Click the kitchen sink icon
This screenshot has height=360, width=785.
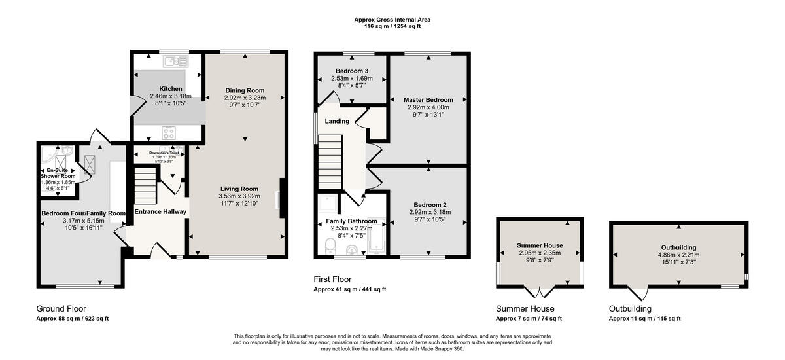coord(177,62)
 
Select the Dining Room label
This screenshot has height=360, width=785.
coord(245,90)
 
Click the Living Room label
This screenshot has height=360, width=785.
coord(239,189)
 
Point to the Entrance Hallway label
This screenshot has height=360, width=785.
coord(160,211)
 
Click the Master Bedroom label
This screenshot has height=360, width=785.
coord(428,99)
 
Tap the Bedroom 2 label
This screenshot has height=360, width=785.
coord(429,204)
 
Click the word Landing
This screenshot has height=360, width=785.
coord(337,121)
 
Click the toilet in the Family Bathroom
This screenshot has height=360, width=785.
coord(330,246)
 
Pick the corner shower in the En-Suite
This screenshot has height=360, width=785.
coord(46,155)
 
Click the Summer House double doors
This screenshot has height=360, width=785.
coord(539,292)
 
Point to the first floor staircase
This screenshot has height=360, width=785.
coord(331,160)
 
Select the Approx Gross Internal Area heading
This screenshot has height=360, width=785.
coord(392,24)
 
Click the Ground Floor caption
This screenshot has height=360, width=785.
coord(61,309)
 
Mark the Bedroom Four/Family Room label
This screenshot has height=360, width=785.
coord(83,213)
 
